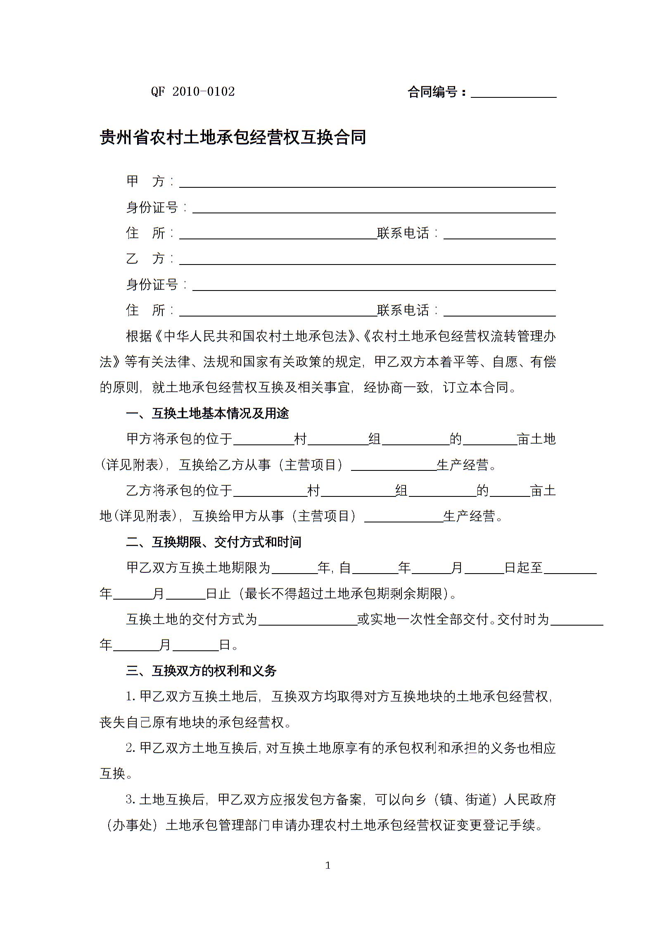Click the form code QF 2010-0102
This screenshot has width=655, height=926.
(193, 92)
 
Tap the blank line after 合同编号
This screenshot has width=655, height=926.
(513, 93)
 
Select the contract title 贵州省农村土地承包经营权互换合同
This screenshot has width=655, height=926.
(233, 137)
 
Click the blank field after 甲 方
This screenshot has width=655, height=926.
(367, 183)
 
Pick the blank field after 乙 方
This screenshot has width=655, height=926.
(367, 260)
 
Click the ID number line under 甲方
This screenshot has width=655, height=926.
(374, 209)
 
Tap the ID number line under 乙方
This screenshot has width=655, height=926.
(374, 286)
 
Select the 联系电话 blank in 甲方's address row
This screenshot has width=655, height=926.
(499, 235)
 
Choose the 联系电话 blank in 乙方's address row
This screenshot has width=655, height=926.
(499, 312)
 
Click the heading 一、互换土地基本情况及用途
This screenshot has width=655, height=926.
(207, 413)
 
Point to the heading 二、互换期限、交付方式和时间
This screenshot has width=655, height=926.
(214, 542)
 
